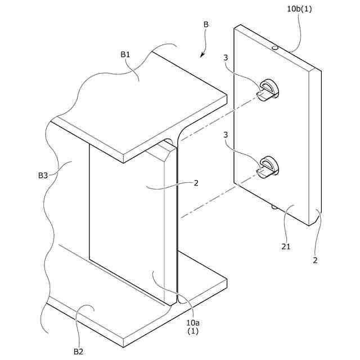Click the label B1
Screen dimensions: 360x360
pyautogui.click(x=125, y=55)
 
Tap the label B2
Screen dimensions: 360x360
pyautogui.click(x=79, y=351)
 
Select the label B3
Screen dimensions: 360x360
pyautogui.click(x=43, y=175)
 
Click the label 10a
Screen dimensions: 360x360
pyautogui.click(x=193, y=322)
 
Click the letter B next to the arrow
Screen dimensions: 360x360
pyautogui.click(x=206, y=25)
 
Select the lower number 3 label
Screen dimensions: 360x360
pyautogui.click(x=225, y=136)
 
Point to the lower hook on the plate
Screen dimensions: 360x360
pyautogui.click(x=269, y=166)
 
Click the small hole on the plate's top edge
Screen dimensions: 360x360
pyautogui.click(x=274, y=49)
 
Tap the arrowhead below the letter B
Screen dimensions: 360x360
pyautogui.click(x=202, y=56)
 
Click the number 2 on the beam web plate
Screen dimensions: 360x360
pyautogui.click(x=196, y=183)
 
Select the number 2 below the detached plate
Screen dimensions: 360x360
pyautogui.click(x=315, y=260)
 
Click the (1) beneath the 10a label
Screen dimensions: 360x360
pyautogui.click(x=193, y=331)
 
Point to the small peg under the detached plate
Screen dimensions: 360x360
pyautogui.click(x=273, y=207)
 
